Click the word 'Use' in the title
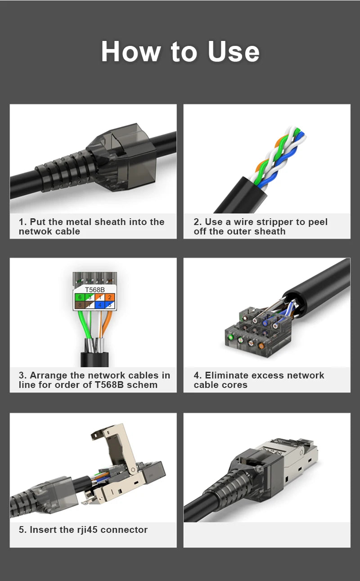(x=233, y=52)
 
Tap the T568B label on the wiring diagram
(x=94, y=290)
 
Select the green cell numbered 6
(x=79, y=297)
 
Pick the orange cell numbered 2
(x=110, y=297)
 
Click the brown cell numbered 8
(x=79, y=305)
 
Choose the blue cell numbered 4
(x=100, y=305)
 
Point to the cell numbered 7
(x=90, y=305)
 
